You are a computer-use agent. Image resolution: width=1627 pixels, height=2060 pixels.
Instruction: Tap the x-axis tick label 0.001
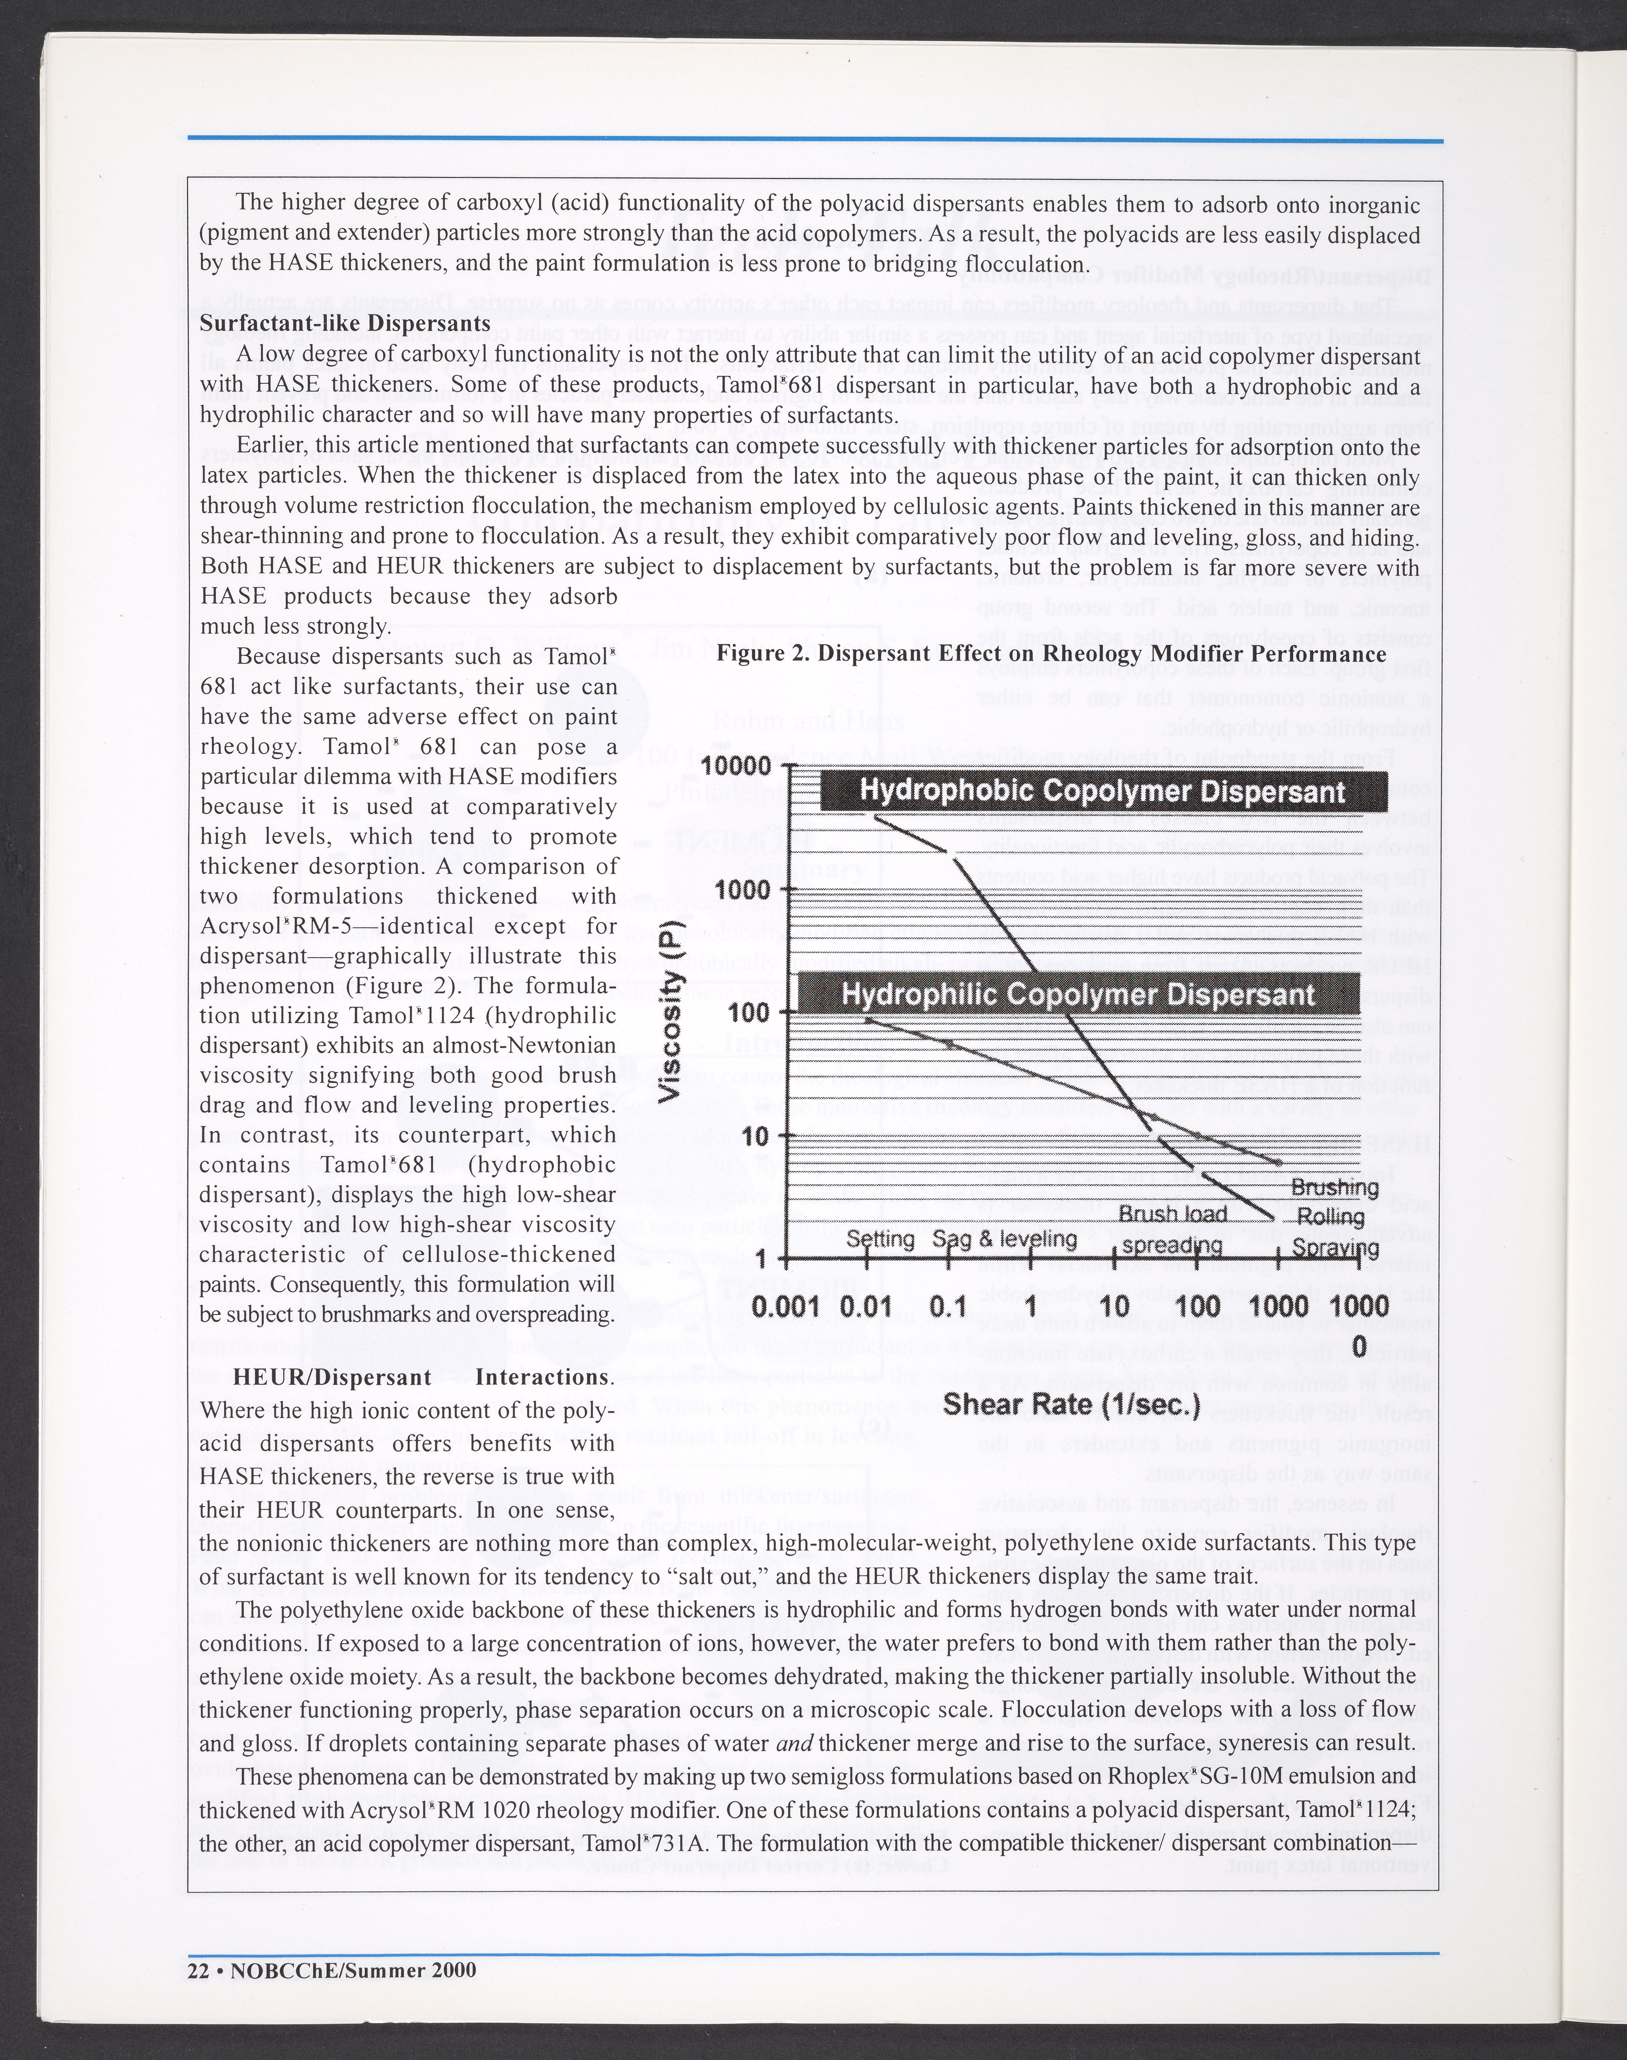coord(786,1306)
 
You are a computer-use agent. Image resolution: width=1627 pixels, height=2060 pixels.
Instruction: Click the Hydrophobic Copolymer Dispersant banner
coord(1102,792)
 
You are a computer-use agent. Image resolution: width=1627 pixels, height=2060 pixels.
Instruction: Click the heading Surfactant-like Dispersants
coord(345,323)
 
